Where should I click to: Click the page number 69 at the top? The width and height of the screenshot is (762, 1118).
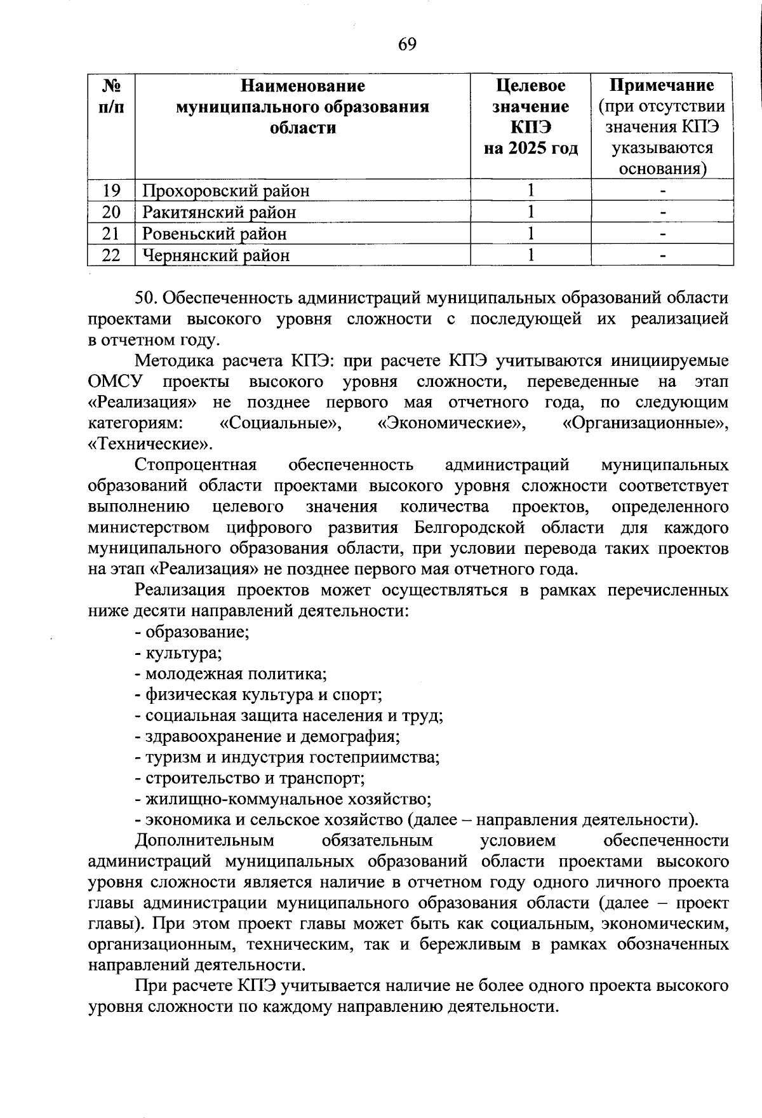pos(407,44)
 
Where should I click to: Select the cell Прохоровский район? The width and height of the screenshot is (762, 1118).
pos(226,190)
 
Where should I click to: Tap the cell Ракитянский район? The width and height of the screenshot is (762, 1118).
pos(219,212)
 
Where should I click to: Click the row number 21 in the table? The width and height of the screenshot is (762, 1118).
pos(111,234)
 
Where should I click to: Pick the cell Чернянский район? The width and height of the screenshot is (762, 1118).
pos(216,255)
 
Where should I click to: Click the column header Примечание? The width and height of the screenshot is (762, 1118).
pos(662,85)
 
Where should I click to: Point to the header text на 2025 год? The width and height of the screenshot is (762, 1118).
pos(531,148)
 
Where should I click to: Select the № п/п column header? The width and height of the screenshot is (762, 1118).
pos(111,95)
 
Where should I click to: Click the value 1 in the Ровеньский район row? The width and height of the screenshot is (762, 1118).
pos(530,234)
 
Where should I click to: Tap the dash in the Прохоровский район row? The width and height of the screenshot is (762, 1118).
pos(662,190)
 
